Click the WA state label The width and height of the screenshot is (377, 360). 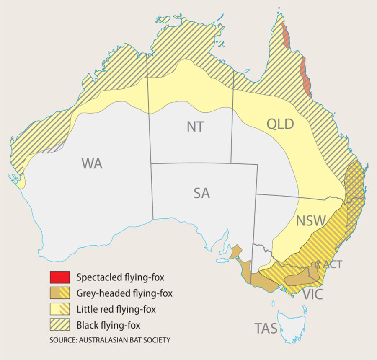pyautogui.click(x=93, y=163)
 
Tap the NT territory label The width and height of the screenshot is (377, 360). pyautogui.click(x=195, y=127)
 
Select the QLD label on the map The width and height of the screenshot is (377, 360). pyautogui.click(x=281, y=124)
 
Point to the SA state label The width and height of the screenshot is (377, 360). pyautogui.click(x=201, y=193)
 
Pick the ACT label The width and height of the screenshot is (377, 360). pyautogui.click(x=333, y=264)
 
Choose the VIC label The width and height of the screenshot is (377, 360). pyautogui.click(x=312, y=294)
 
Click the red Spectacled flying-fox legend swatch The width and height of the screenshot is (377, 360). pyautogui.click(x=59, y=277)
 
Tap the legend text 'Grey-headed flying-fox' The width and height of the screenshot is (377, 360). pyautogui.click(x=124, y=293)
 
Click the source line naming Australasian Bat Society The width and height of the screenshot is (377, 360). pyautogui.click(x=109, y=340)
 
